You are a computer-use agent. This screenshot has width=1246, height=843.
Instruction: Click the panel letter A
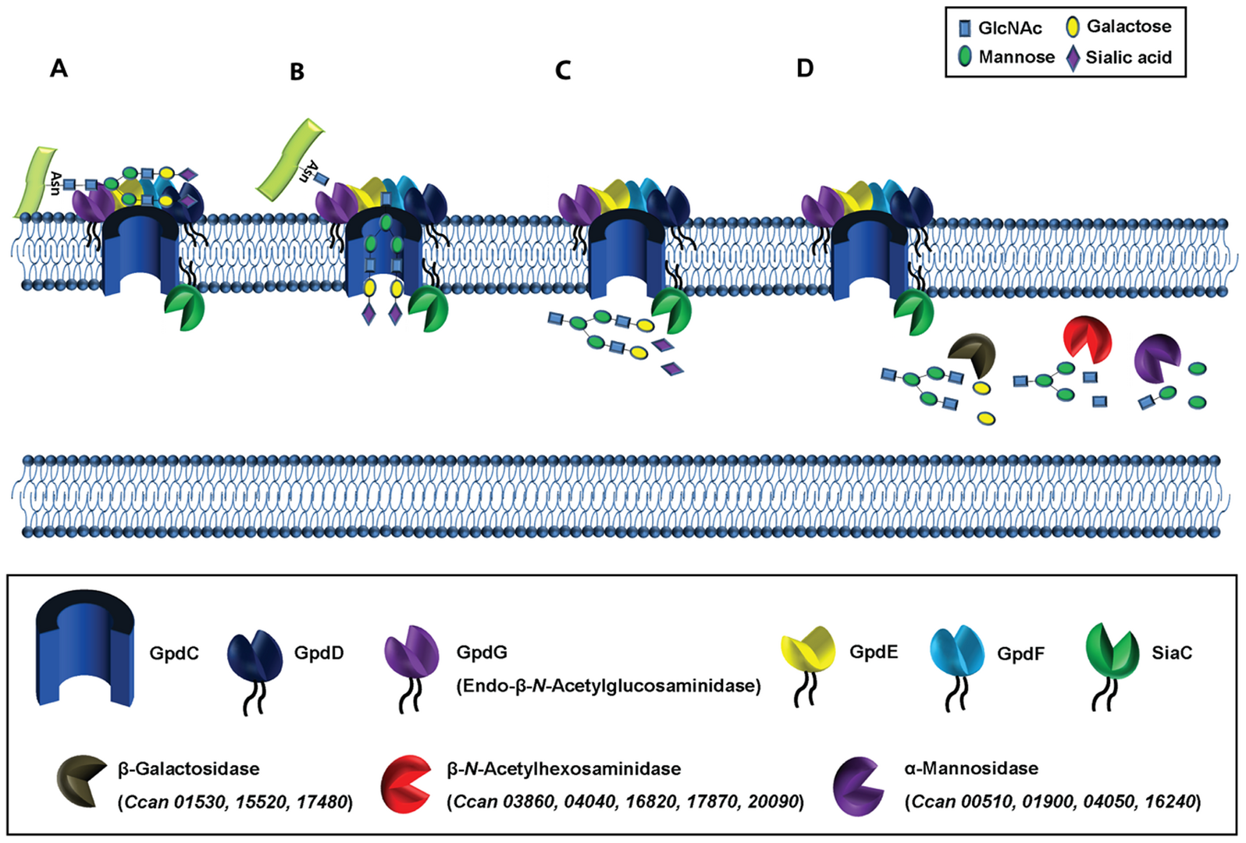pos(59,69)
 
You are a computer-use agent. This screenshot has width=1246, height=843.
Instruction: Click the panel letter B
pos(297,72)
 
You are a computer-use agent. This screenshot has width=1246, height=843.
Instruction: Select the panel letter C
pos(563,71)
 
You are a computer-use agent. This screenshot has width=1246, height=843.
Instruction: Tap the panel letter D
pos(805,69)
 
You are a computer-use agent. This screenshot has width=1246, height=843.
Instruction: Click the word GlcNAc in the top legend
pos(1009,28)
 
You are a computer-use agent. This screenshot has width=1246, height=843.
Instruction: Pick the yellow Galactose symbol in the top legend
pos(1073,27)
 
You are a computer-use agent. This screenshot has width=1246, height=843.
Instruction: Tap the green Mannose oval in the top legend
pos(965,57)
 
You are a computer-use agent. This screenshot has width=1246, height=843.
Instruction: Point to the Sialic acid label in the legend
pos(1128,57)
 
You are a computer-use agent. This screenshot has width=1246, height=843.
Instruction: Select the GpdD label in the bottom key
pos(319,653)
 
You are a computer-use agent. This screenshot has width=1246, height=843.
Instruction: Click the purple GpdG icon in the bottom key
pos(411,653)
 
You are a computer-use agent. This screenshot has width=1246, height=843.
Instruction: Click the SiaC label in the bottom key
pos(1171,653)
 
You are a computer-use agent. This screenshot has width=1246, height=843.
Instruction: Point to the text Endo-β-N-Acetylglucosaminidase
pos(607,686)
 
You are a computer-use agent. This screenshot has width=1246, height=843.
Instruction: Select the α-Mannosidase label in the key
pos(970,768)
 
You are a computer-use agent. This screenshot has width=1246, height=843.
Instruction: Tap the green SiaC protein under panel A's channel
pos(184,308)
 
